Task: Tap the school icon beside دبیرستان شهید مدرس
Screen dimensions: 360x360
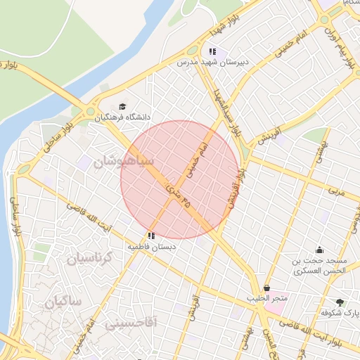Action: click(x=212, y=51)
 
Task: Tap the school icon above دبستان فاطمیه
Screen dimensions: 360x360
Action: click(x=151, y=236)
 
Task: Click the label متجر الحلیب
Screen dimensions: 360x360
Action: click(x=267, y=299)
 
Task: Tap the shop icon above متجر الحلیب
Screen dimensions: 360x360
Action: click(x=267, y=288)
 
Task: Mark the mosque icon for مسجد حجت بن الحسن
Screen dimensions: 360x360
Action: click(x=320, y=250)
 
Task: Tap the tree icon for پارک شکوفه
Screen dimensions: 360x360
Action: click(x=340, y=302)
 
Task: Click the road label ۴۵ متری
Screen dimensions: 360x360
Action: click(x=178, y=196)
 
